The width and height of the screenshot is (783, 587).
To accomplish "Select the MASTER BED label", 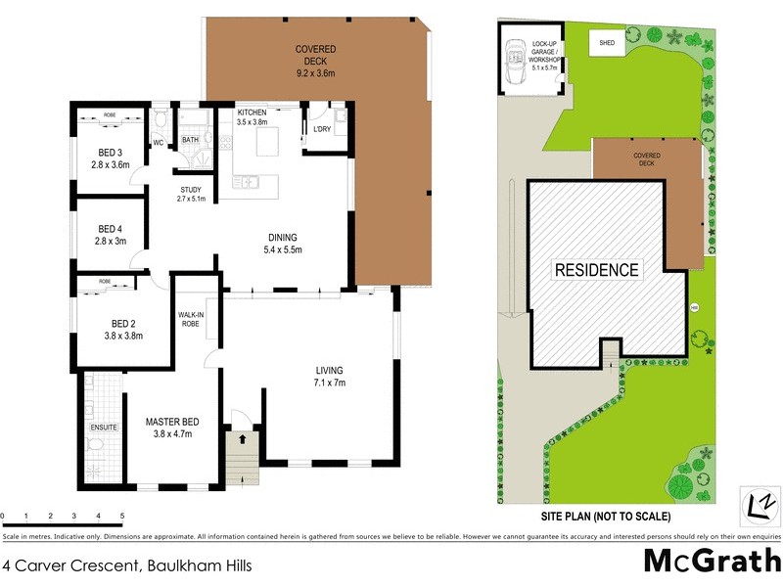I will click(x=173, y=422).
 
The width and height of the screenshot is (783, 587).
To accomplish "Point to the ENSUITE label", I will click(x=103, y=428).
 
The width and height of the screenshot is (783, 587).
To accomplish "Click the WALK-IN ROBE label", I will click(x=190, y=319).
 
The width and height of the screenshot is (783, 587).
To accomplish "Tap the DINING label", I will click(x=283, y=237).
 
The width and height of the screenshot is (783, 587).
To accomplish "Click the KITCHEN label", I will click(x=252, y=113).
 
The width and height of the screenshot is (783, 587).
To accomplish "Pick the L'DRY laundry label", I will click(x=321, y=129).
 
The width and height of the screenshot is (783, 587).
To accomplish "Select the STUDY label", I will click(x=191, y=189).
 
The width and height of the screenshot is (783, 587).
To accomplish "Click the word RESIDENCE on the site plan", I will click(x=596, y=269).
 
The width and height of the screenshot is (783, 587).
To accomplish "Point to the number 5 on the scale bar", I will click(x=122, y=515).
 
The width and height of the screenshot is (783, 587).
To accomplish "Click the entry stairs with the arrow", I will click(x=239, y=455).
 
